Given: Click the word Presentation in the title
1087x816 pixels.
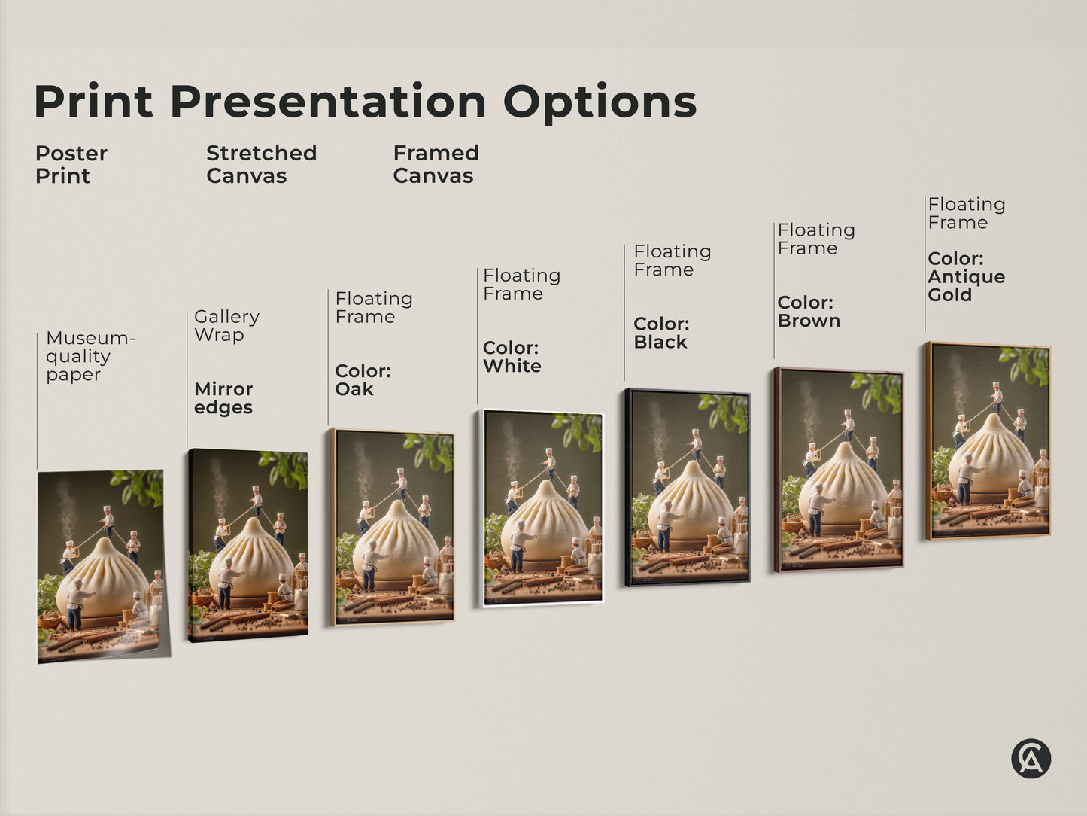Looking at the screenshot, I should pos(328,102).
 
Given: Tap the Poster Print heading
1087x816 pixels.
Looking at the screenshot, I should pos(71,164).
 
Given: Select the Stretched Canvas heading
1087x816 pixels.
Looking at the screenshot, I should pos(261,164).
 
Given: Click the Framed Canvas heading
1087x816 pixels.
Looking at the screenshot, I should pos(436,164).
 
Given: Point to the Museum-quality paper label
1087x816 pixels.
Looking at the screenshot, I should pos(90,356).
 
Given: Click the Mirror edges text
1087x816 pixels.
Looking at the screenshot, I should pos(223,398).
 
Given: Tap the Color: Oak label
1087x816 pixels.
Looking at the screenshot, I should pos(363,380).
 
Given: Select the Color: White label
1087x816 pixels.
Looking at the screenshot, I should pos(512,357).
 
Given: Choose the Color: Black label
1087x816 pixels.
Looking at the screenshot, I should pos(661,333).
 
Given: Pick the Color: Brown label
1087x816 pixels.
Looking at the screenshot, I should pos(809,312).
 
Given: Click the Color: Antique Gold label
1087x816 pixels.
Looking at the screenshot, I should pos(966,276).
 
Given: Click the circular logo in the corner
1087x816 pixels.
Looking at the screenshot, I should pos(1031,758).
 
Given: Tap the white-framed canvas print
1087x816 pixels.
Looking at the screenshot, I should pos(542,508).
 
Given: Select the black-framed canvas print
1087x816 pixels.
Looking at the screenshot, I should pos(688,487).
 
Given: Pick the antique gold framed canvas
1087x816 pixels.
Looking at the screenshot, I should pos(988,441).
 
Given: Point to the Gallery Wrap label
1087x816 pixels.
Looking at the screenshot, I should pos(226,325).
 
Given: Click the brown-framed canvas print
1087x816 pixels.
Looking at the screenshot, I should pos(839,469).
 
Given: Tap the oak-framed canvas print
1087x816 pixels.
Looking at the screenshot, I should pos(393,527).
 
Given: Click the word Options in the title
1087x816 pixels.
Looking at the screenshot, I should pos(600,102).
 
